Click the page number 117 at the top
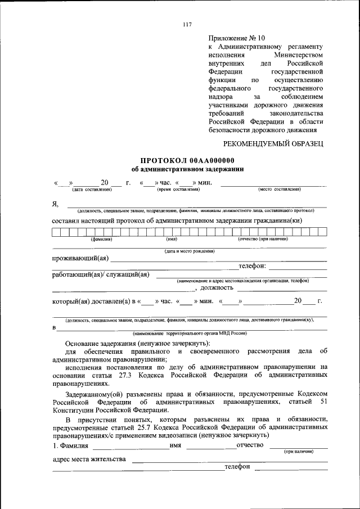click(x=187, y=24)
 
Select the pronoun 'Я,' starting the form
click(x=55, y=203)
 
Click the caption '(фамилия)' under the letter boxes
click(x=102, y=239)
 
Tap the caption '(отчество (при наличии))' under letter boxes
click(x=263, y=239)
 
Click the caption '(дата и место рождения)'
click(x=190, y=251)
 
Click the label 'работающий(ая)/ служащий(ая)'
click(x=101, y=274)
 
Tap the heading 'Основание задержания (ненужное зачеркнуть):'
click(x=137, y=343)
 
